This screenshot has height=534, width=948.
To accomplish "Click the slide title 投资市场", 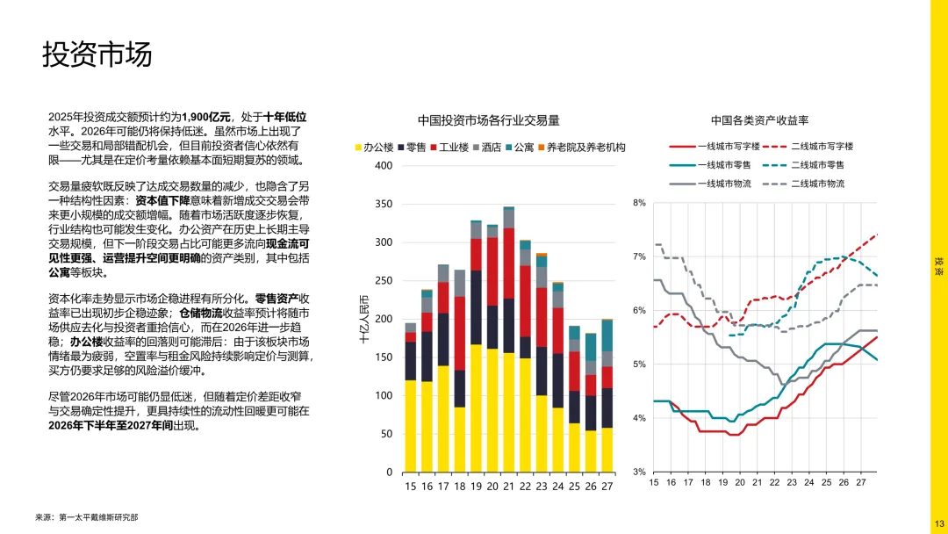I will click(97, 54).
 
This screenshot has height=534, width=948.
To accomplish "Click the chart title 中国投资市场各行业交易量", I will click(488, 120).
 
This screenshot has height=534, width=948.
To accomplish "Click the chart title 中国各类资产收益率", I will click(759, 120).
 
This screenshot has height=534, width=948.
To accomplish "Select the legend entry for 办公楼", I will click(374, 148).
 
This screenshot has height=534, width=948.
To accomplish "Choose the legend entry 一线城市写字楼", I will click(711, 146).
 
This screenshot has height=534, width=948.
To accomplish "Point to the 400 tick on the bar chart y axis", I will click(383, 166).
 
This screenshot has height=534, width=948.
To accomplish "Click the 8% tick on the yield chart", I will click(638, 203).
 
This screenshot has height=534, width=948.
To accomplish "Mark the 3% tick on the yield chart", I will click(638, 472).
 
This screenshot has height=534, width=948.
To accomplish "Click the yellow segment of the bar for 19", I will click(476, 408).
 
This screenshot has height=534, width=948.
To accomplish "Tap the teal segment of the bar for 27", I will click(607, 336).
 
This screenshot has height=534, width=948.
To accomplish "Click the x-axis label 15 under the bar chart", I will click(410, 486).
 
